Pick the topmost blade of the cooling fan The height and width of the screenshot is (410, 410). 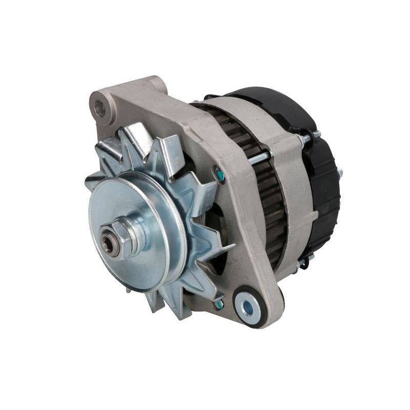tap(134, 134)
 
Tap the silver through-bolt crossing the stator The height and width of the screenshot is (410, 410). tap(259, 158)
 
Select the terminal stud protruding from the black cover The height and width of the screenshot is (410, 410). tap(338, 169)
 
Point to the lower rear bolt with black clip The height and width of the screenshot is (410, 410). tap(302, 263)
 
